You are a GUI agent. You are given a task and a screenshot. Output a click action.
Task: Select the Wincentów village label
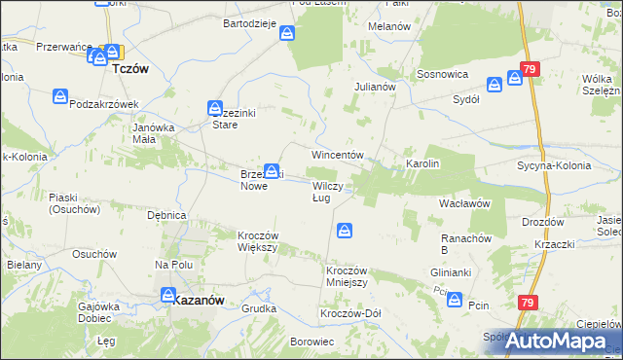(337, 155)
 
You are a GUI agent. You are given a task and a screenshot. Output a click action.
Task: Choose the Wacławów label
(463, 203)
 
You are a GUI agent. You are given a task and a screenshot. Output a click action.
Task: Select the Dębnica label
(165, 215)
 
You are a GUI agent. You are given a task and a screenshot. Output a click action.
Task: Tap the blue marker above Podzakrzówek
(61, 96)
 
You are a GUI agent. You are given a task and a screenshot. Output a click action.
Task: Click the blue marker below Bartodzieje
(288, 34)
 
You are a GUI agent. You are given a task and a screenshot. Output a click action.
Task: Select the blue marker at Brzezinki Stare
(215, 108)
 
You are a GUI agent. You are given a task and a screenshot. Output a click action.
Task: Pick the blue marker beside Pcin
(455, 301)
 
